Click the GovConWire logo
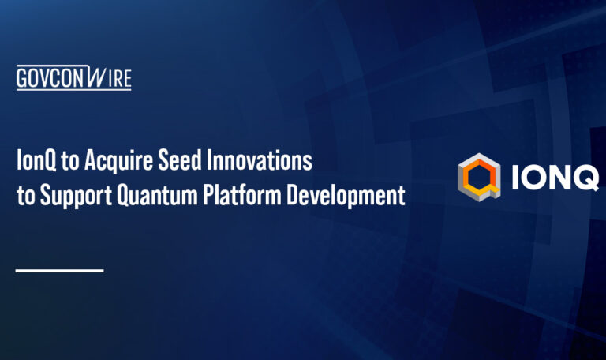[73, 78]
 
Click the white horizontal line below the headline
[59, 271]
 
